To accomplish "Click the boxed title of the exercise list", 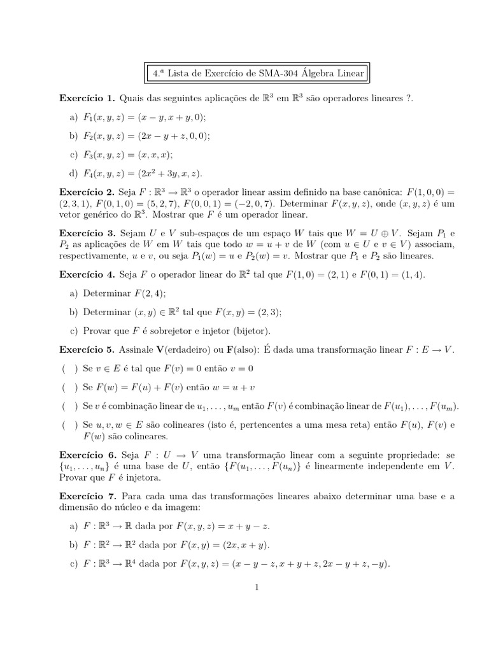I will pyautogui.click(x=259, y=73).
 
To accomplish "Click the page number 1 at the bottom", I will pyautogui.click(x=257, y=587).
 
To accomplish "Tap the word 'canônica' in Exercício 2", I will pyautogui.click(x=361, y=192).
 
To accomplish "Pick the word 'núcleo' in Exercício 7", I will pyautogui.click(x=131, y=507).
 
